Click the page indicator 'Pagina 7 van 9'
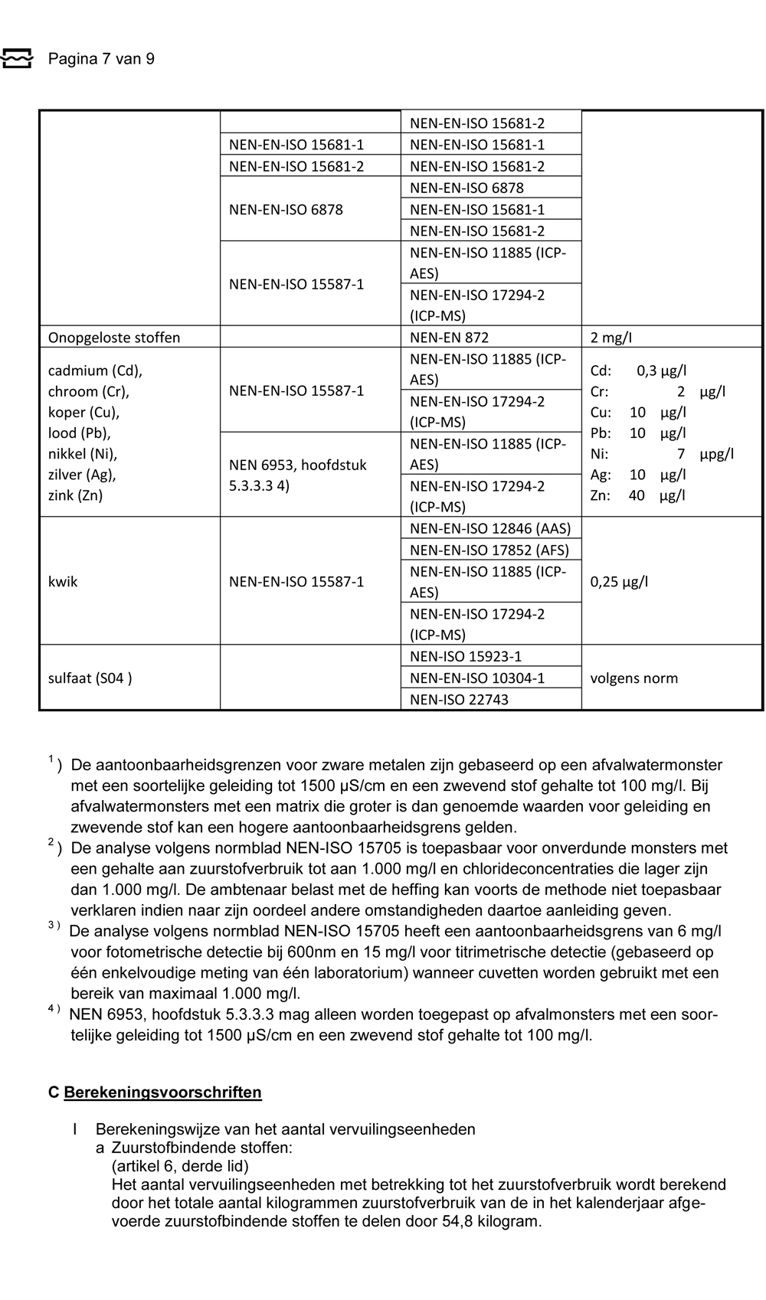pos(101,59)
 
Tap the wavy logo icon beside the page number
pos(17,58)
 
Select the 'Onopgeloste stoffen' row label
pos(114,338)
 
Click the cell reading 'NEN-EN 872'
pos(449,338)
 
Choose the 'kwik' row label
pos(63,581)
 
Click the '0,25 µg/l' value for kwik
pos(619,581)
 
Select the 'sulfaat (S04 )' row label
pos(90,678)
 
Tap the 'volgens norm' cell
pos(634,678)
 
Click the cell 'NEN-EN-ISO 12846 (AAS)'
pos(490,528)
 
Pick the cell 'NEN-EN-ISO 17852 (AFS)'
pos(489,550)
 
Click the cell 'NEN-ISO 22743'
pos(459,699)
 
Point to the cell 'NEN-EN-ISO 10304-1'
pos(477,678)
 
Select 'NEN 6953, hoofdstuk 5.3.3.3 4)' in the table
pos(298,475)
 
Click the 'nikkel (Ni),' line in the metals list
pos(83,453)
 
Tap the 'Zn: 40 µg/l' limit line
pos(637,495)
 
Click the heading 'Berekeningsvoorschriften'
pos(162,1093)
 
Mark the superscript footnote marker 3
pos(51,925)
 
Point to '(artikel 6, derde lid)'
pos(180,1166)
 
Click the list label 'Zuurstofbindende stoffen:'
pos(201,1148)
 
